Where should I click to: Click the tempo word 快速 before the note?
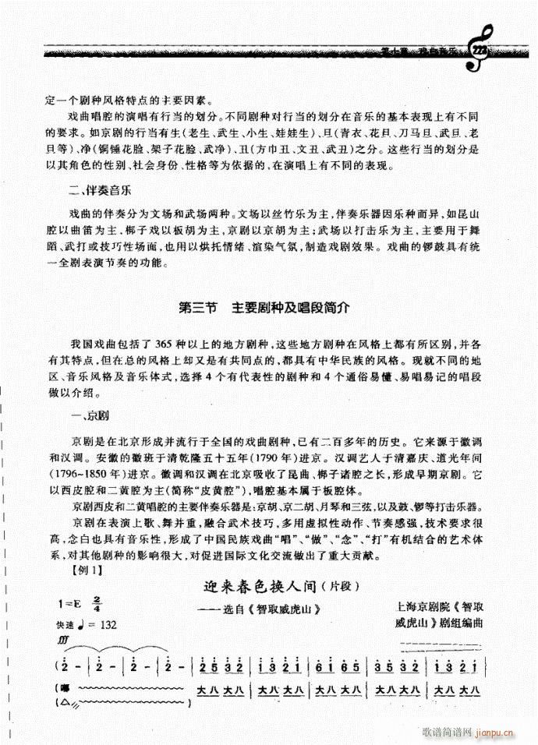pos(66,625)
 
